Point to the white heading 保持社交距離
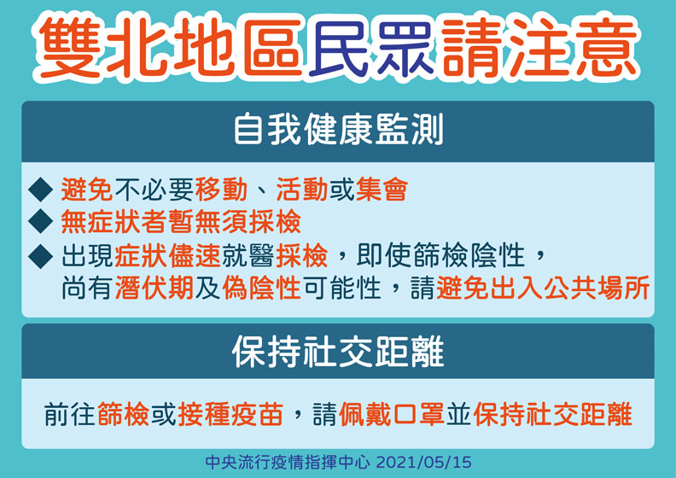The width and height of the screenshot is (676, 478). pos(338,353)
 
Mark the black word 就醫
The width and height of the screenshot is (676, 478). pos(248,255)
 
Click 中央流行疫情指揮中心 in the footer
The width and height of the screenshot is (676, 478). pos(288,462)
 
